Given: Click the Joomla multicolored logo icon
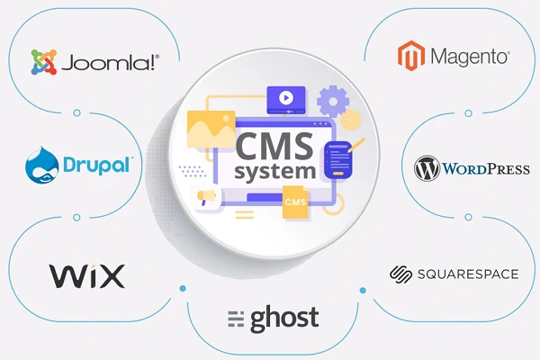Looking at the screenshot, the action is tap(44, 62).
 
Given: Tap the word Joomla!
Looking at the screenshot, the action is tap(110, 63).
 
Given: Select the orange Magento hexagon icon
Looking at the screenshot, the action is tap(411, 56).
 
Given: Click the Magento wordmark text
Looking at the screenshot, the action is tap(470, 57).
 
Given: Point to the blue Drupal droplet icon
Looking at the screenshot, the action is tap(41, 165).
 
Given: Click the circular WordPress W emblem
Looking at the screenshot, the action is tap(427, 168).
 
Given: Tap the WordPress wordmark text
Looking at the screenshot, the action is tap(486, 169).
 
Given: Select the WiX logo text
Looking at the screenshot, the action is tap(86, 275).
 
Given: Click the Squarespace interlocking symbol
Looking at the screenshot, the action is tap(400, 274).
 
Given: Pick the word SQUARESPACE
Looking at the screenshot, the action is tap(468, 274).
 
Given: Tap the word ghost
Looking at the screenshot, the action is tap(284, 319).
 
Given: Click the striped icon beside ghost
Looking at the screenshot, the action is tap(236, 319).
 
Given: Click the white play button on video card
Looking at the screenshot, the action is tap(286, 98).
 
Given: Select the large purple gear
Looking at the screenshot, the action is tap(333, 102).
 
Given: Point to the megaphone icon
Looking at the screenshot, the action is tap(206, 197).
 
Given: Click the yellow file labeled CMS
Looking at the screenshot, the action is tap(295, 202).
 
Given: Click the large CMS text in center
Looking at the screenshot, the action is tap(274, 147).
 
